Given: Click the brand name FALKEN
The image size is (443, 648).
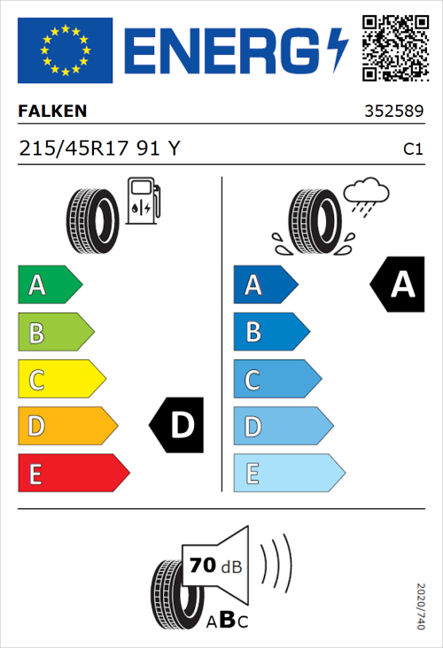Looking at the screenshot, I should coord(52,112).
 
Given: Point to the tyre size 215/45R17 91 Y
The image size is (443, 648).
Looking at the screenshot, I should coord(99,149).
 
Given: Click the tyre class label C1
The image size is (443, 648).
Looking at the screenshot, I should coord(412,150).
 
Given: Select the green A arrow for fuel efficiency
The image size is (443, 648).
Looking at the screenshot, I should coord(49,285).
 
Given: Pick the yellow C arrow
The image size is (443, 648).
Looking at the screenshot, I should coord(60,379).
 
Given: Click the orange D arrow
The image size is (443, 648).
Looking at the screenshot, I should coord(66,426).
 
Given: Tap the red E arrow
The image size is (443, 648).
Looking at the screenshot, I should coord(73,473).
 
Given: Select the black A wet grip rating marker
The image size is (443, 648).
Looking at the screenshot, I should coord(399,284).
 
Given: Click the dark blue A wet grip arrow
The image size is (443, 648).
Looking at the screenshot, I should coord(264,285).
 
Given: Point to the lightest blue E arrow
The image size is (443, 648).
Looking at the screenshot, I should coord(287,473).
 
